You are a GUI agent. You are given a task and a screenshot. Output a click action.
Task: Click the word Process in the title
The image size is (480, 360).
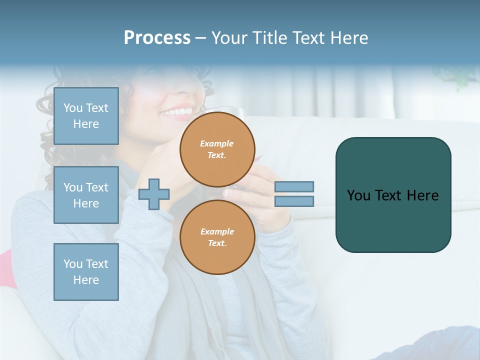157,38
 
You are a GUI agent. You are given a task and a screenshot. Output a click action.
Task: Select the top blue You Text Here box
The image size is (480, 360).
86,116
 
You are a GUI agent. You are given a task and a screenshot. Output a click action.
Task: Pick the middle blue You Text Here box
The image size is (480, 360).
86,195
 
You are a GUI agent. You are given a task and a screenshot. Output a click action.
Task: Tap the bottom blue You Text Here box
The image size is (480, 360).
86,272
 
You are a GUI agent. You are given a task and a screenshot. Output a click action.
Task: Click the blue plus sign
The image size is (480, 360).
153,194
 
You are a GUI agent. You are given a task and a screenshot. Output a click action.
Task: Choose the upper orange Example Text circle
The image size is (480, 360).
217,149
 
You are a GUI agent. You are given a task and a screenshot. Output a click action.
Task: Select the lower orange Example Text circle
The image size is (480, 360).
217,237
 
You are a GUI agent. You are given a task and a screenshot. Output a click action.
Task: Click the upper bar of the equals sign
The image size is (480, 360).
294,186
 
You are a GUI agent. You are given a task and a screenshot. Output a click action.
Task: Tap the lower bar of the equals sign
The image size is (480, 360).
294,201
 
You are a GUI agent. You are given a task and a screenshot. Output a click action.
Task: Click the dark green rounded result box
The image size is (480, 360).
393,220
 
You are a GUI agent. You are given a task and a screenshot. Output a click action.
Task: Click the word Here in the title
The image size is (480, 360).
349,38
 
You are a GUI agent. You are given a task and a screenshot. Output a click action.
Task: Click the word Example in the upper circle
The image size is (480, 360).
217,143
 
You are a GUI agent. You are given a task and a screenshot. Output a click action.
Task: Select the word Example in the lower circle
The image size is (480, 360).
217,231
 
